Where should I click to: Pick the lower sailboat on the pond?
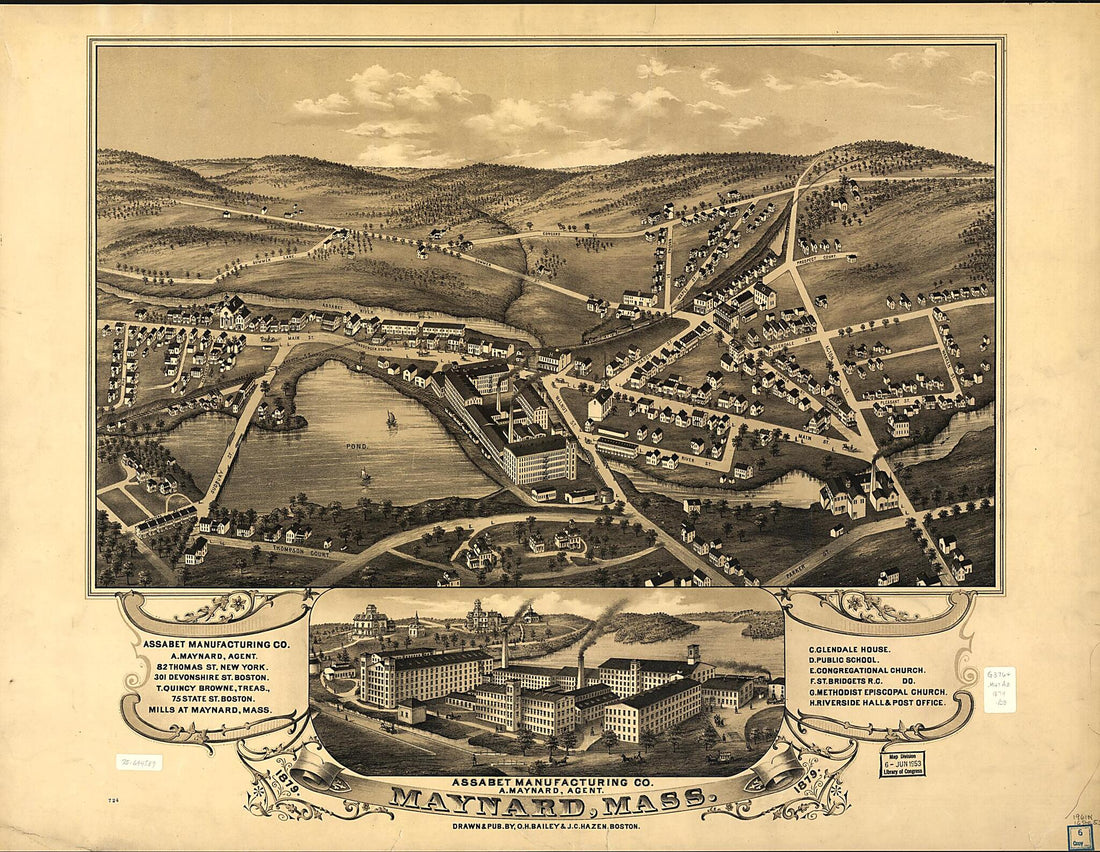tap(366, 475)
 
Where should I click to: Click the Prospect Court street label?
tap(825, 257)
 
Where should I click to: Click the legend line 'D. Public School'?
tap(857, 660)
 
